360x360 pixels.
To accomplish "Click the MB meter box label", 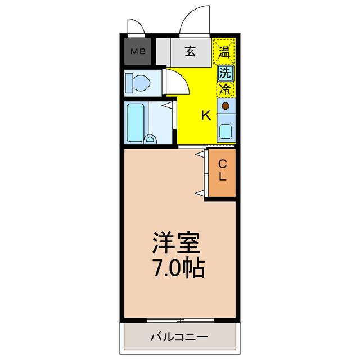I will click(138, 52).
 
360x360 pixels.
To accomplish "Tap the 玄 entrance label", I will click(190, 52).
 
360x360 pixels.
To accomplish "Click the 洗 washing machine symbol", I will click(224, 72).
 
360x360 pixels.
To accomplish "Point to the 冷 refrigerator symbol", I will click(224, 89).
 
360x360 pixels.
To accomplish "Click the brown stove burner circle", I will click(226, 106).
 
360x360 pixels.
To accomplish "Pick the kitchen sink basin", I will click(226, 132).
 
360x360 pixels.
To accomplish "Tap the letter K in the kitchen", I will click(206, 116).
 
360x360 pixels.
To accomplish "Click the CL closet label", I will click(223, 170).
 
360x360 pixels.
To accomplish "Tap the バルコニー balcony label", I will click(179, 337).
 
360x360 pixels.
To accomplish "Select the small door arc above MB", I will click(136, 26).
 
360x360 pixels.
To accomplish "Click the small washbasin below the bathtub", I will click(150, 139).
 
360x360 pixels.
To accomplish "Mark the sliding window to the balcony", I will click(180, 321).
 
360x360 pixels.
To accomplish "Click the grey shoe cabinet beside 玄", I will click(163, 52).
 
